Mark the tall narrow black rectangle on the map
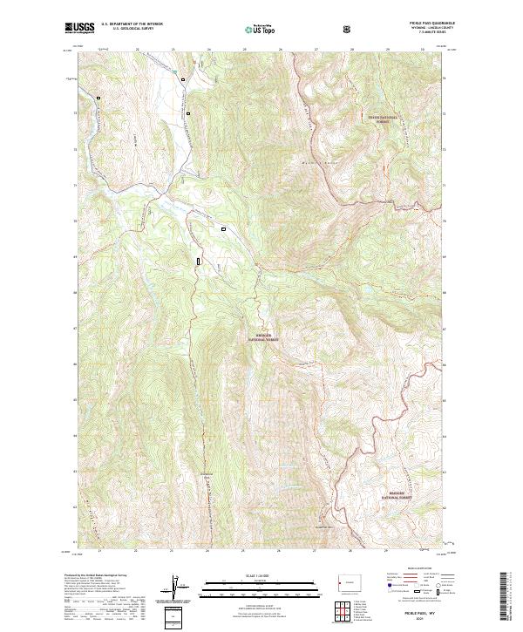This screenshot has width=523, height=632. (x=199, y=260)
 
